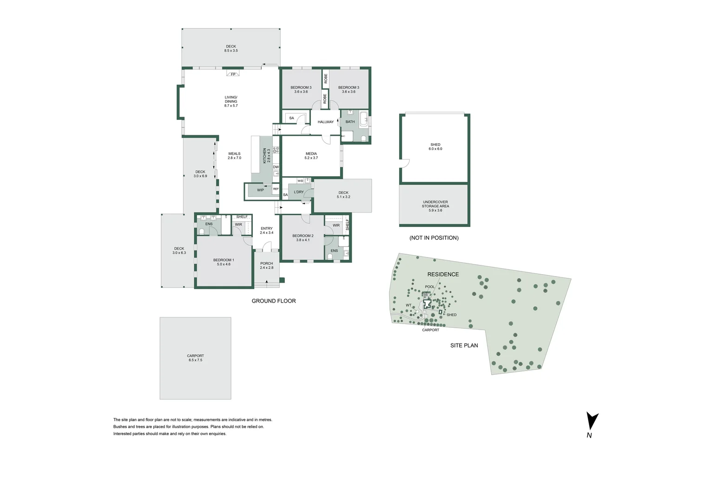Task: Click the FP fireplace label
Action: pos(233,74)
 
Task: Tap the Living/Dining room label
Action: pos(231,101)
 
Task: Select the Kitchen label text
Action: pos(266,156)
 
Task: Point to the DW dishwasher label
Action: pos(276,167)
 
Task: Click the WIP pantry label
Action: pos(260,190)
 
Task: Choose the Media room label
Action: pos(311,156)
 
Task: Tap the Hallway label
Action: pos(325,122)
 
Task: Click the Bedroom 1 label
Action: pos(224,262)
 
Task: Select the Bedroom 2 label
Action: pos(302,238)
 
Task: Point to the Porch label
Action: pos(267,265)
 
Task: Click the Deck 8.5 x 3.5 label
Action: pos(231,48)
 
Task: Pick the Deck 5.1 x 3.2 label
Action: pos(343,195)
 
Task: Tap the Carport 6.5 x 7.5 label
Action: pos(195,358)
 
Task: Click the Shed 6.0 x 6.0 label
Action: pos(435,147)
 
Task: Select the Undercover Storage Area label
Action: pos(435,206)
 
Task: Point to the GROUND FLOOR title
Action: pos(274,301)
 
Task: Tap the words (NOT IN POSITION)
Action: pos(434,238)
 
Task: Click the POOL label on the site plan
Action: pos(430,287)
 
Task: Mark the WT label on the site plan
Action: pos(408,305)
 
